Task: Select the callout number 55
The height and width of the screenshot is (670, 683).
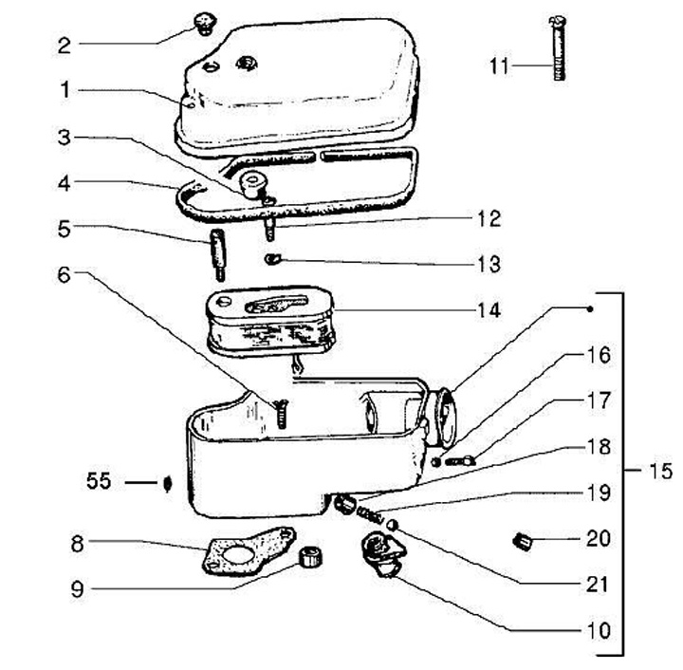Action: [x=98, y=482]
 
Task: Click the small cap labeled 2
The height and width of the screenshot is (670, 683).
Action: [x=202, y=21]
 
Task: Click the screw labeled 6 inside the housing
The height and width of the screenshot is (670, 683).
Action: [x=280, y=413]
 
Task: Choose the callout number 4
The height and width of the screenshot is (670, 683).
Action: [x=64, y=181]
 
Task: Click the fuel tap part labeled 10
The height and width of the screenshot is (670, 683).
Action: [x=380, y=553]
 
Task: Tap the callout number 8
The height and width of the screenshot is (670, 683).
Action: [x=78, y=543]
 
